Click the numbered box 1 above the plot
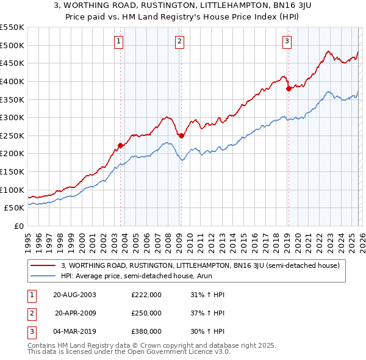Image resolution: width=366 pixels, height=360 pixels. click(x=119, y=41)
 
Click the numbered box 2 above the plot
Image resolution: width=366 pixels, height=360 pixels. click(x=180, y=41)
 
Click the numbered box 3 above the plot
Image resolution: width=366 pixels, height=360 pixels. click(x=287, y=41)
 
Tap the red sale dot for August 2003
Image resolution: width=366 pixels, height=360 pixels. click(x=120, y=145)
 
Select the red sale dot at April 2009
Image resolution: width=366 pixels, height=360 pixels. click(x=181, y=135)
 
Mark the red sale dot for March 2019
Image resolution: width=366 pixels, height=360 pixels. click(x=288, y=88)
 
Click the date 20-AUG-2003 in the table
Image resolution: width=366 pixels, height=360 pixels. click(x=74, y=295)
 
